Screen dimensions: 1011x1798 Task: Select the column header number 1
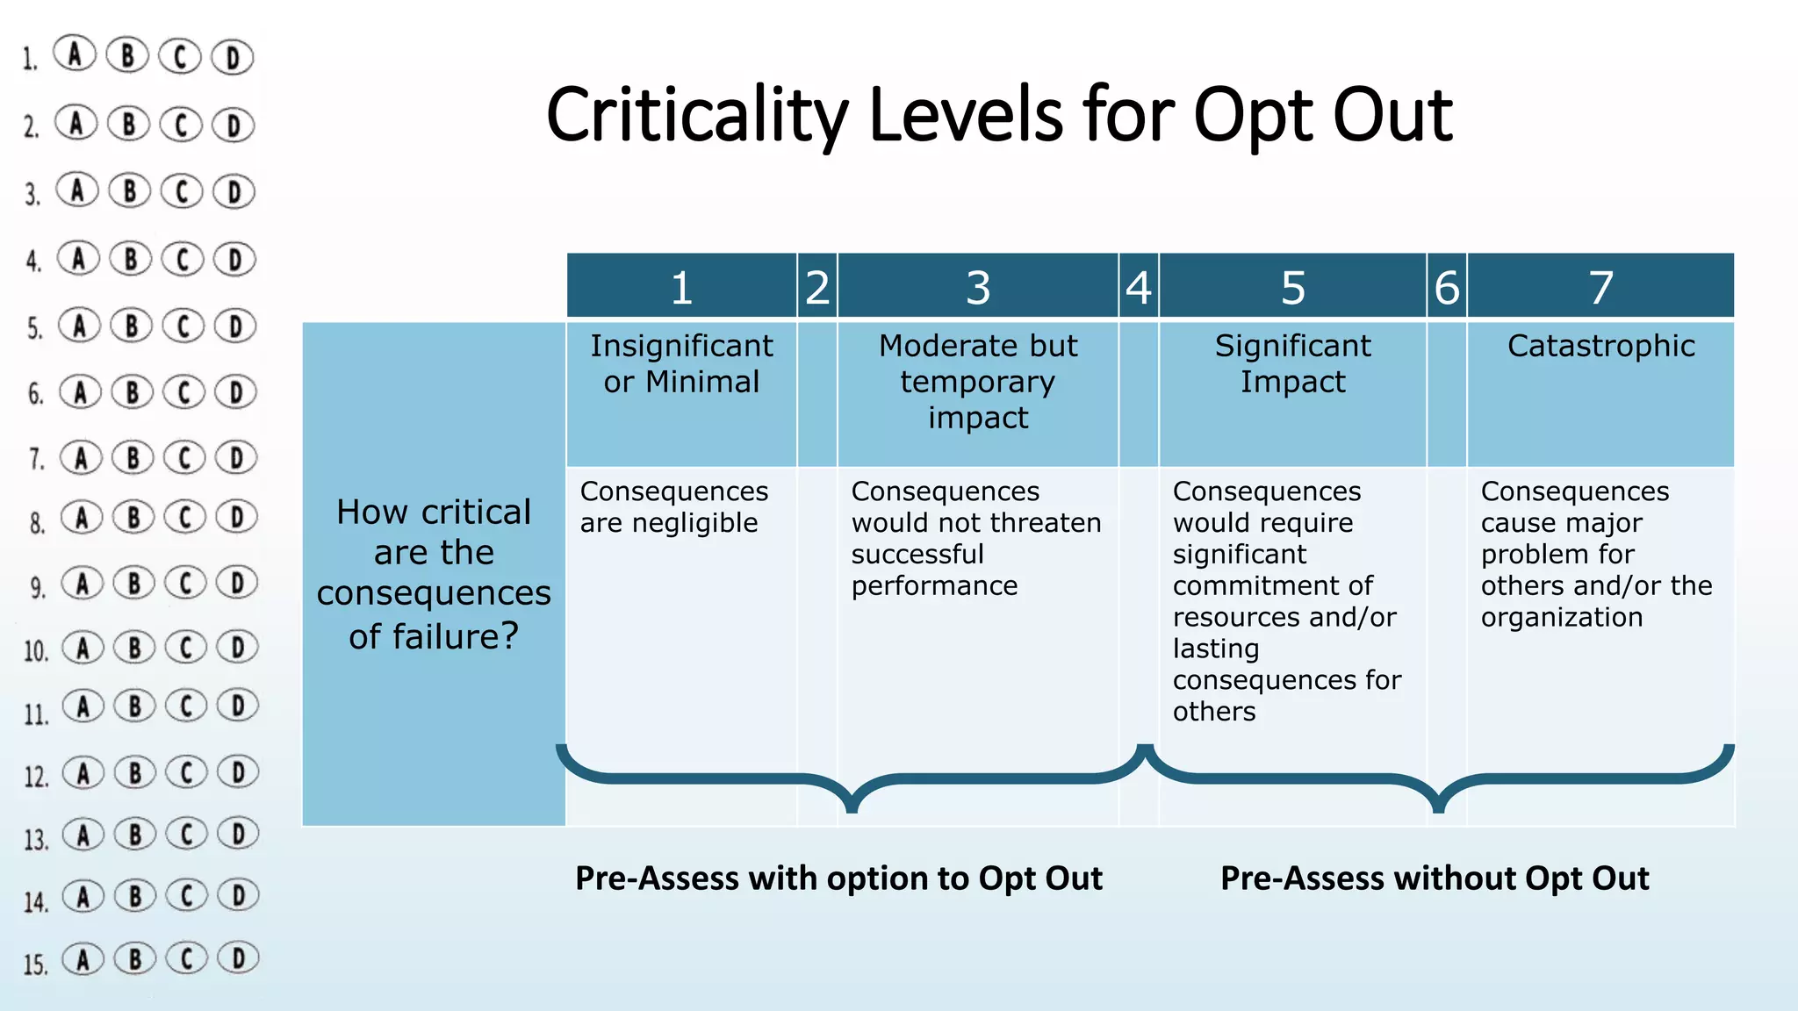681,287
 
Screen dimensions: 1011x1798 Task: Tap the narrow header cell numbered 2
817,287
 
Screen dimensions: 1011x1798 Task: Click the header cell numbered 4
1139,287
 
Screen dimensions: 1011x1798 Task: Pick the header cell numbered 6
1447,287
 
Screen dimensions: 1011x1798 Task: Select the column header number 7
1600,287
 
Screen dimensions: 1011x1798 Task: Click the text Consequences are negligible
673,507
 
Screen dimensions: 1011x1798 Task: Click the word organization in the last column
1561,617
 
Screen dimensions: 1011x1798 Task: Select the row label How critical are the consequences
434,574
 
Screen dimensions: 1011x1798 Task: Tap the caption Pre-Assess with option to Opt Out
838,878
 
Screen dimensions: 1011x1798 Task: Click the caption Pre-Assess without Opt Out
1435,878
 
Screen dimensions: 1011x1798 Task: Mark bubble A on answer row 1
75,54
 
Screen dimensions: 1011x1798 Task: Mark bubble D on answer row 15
238,957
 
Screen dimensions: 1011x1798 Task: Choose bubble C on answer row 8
185,517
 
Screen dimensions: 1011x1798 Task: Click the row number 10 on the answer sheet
36,651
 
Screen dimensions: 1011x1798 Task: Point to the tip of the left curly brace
851,808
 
